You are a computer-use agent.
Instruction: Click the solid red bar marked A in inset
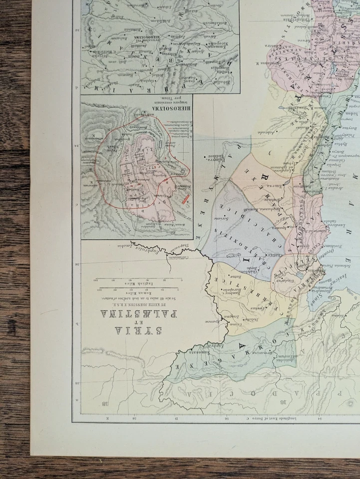point(185,200)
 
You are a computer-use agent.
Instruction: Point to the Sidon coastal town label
point(334,113)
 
